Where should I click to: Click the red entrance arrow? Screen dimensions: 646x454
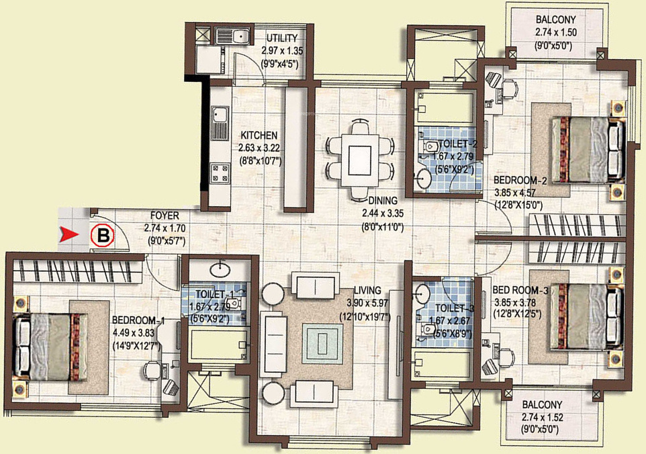tap(68, 234)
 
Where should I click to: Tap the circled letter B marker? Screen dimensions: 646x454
tap(103, 236)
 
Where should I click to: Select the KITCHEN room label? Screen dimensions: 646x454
tap(259, 136)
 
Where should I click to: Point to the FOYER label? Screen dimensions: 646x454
tap(165, 216)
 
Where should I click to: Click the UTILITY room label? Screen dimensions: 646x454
tap(282, 38)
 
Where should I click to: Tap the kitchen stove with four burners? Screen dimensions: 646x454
tap(220, 173)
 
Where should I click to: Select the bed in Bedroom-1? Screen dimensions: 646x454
tap(50, 346)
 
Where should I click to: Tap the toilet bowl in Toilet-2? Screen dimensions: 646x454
tap(431, 146)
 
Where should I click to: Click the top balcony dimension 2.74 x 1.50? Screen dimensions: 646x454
tap(556, 32)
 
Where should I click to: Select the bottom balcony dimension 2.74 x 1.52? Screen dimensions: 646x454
tap(543, 417)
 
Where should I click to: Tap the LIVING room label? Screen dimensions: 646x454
tap(367, 290)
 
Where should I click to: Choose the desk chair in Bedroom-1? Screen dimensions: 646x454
tap(152, 370)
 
